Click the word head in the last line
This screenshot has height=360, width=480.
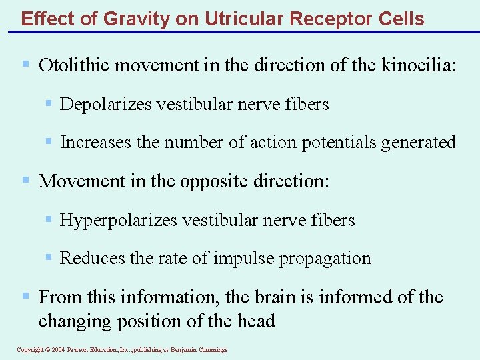(x=257, y=321)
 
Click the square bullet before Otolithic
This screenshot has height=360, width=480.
(x=25, y=65)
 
